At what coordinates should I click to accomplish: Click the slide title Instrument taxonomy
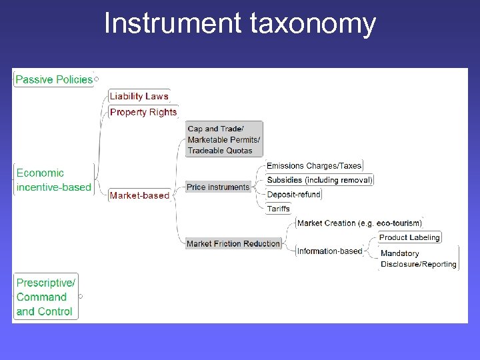240,24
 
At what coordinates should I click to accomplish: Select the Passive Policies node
54,79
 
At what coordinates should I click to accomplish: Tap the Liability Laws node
139,96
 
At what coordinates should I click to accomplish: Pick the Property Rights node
143,112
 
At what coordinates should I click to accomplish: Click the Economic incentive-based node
53,180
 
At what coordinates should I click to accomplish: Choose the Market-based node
139,195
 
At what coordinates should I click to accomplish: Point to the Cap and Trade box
224,139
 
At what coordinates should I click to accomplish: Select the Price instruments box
218,187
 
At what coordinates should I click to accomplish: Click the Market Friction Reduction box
233,244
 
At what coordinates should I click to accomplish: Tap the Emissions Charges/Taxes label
314,166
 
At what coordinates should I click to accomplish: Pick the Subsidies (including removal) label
319,180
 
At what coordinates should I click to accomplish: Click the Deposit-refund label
293,195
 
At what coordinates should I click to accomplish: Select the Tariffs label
279,209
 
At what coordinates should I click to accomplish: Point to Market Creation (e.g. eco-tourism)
359,223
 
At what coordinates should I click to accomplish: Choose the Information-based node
329,251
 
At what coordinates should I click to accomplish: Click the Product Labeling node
409,237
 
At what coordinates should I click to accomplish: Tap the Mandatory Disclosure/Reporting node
419,259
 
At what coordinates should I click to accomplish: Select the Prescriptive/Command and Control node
45,297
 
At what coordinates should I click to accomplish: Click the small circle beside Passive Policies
97,79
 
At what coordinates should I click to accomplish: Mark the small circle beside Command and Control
81,296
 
